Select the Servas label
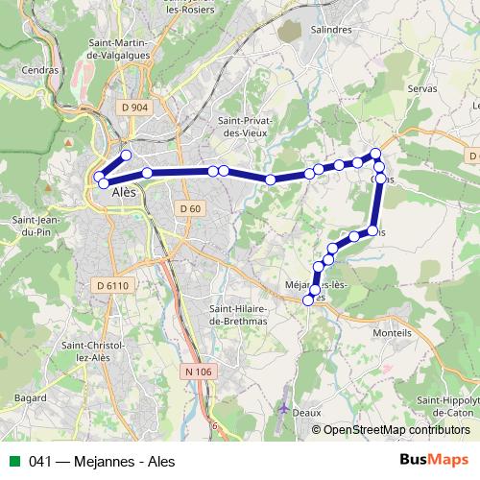point(421,87)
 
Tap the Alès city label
point(125,192)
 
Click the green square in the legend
point(13,460)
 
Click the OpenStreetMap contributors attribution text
point(396,430)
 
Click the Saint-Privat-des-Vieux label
point(247,126)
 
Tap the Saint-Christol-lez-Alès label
point(86,352)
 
